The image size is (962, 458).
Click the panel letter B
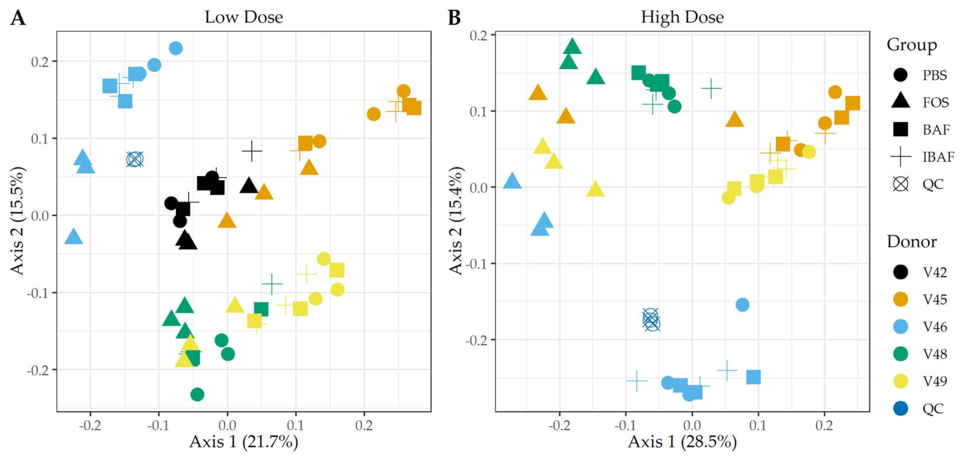tap(454, 18)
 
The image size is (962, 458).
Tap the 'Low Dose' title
tap(243, 17)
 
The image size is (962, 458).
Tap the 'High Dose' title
tap(682, 17)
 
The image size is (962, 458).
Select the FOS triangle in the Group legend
tap(900, 102)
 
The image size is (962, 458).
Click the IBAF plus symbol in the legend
tap(900, 157)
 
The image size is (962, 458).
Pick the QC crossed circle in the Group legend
tap(900, 184)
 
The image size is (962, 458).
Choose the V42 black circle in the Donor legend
tap(900, 272)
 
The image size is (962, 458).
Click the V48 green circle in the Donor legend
tap(900, 354)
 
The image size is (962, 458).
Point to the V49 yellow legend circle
tap(900, 381)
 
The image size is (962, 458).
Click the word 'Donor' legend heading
tap(912, 242)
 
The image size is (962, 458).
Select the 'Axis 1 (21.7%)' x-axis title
tap(243, 442)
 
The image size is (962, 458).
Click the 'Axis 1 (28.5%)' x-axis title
tap(682, 442)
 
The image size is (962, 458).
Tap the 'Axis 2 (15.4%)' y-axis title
tap(456, 221)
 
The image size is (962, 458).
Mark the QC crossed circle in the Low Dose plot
tap(135, 159)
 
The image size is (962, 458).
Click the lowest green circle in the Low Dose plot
tap(197, 394)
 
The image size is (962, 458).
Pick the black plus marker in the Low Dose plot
tap(252, 151)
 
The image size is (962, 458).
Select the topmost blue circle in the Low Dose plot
tap(176, 48)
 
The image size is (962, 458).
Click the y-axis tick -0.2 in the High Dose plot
tap(478, 340)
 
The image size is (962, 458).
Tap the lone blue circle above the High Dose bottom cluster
tap(742, 305)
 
